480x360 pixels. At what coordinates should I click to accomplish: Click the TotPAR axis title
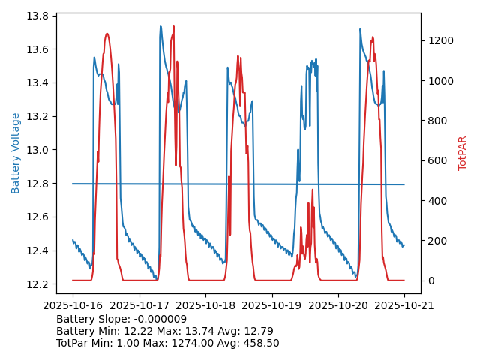tap(463, 153)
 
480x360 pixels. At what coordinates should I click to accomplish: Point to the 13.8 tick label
tap(37, 16)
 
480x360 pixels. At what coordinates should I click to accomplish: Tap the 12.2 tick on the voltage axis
tap(37, 283)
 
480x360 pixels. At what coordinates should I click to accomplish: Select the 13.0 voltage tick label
tap(37, 150)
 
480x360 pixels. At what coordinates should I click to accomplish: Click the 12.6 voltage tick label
tap(37, 217)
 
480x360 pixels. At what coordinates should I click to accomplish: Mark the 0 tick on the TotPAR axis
tap(428, 280)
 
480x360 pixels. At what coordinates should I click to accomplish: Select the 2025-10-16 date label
tap(73, 305)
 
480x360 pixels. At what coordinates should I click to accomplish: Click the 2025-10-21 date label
tap(404, 305)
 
